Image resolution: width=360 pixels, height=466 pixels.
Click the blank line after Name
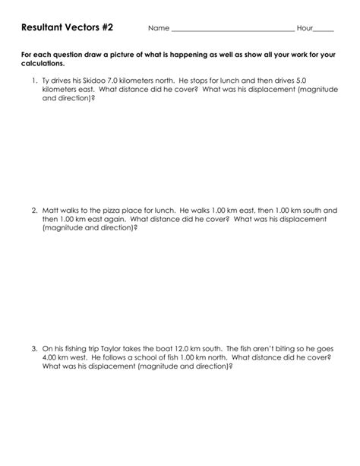[232, 29]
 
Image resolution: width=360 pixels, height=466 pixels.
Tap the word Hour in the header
[305, 28]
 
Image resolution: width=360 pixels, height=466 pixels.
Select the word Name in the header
[158, 28]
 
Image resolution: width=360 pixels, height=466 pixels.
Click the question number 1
[34, 81]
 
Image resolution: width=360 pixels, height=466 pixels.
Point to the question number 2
[34, 209]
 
